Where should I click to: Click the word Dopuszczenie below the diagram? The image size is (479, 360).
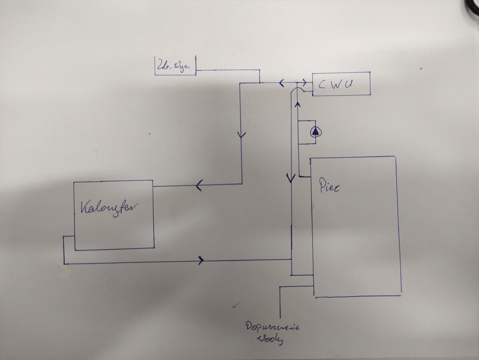(273, 327)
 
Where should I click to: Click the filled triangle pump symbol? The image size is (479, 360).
(316, 131)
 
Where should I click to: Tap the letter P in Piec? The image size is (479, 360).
(322, 186)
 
